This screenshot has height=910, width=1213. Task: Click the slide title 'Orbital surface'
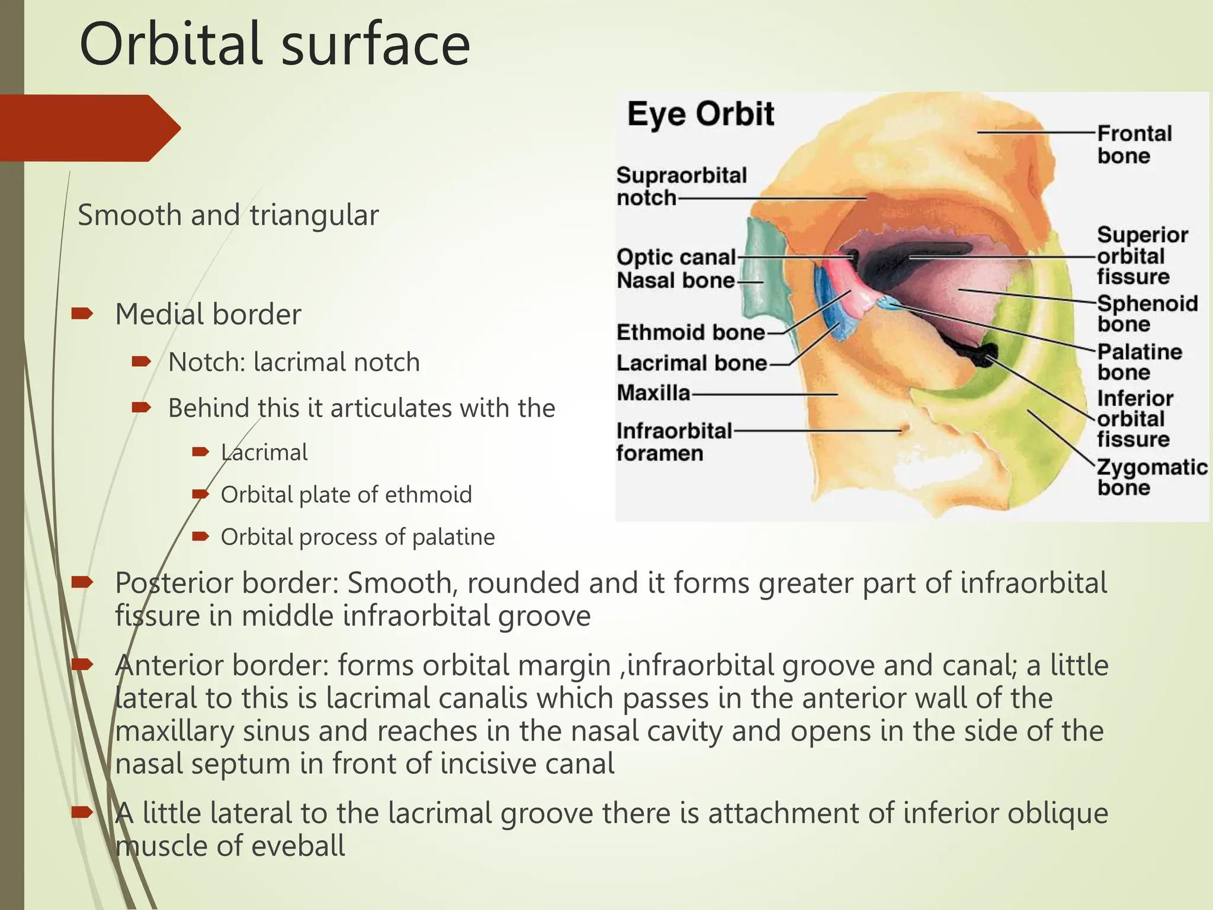tap(274, 44)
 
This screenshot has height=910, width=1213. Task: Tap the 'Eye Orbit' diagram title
tap(701, 114)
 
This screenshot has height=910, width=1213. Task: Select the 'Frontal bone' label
tap(1134, 145)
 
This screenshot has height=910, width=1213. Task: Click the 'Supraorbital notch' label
tap(681, 186)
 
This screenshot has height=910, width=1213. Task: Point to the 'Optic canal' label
tap(676, 257)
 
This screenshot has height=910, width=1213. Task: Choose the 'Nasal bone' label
tap(676, 280)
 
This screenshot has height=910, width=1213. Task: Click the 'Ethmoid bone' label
tap(691, 332)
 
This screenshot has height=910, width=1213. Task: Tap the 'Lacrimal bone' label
tap(692, 363)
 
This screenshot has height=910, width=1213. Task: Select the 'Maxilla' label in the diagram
tap(653, 393)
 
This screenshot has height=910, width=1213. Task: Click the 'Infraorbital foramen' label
tap(673, 442)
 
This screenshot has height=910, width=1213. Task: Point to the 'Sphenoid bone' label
tap(1147, 313)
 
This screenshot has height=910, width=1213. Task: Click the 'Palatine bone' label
tap(1139, 362)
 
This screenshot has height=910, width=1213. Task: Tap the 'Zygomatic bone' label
tap(1151, 477)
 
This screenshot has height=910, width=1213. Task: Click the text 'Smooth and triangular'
tap(228, 215)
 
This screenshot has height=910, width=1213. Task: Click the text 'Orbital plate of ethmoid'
tap(346, 495)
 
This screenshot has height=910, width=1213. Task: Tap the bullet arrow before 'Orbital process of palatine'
tap(201, 537)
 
